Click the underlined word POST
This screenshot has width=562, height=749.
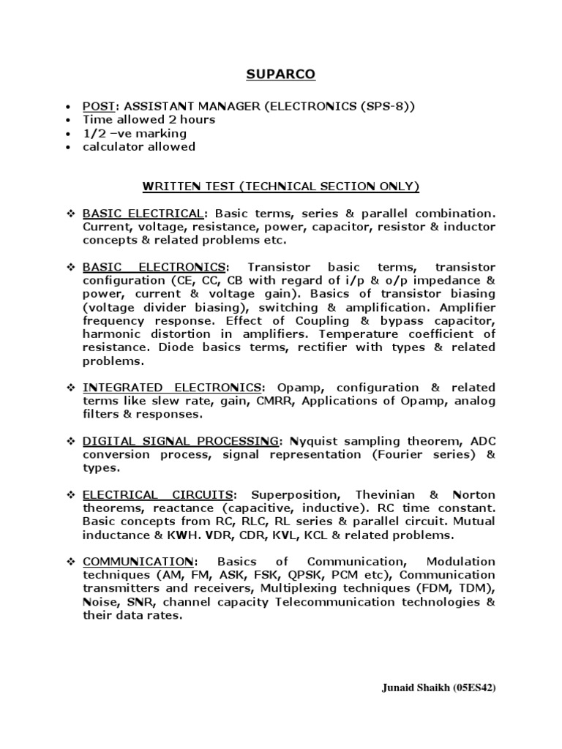pos(99,107)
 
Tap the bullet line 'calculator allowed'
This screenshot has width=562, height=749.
pos(139,146)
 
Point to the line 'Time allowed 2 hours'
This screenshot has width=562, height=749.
pos(149,120)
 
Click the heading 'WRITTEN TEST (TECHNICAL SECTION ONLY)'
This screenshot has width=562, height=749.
pos(281,187)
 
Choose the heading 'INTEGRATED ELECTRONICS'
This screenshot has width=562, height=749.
pos(173,387)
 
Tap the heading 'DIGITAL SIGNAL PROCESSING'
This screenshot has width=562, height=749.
pos(180,441)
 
